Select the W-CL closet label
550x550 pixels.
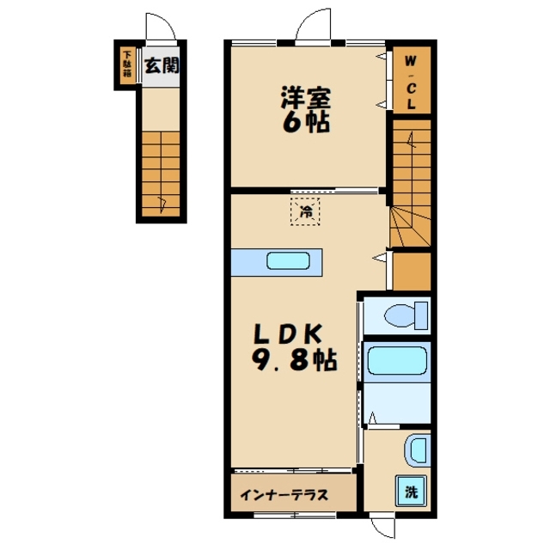click(410, 82)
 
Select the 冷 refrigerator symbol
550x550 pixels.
click(306, 209)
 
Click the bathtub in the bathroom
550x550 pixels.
click(396, 360)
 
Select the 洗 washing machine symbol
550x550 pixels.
click(411, 492)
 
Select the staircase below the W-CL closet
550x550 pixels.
click(411, 185)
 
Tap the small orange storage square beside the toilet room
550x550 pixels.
click(411, 270)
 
